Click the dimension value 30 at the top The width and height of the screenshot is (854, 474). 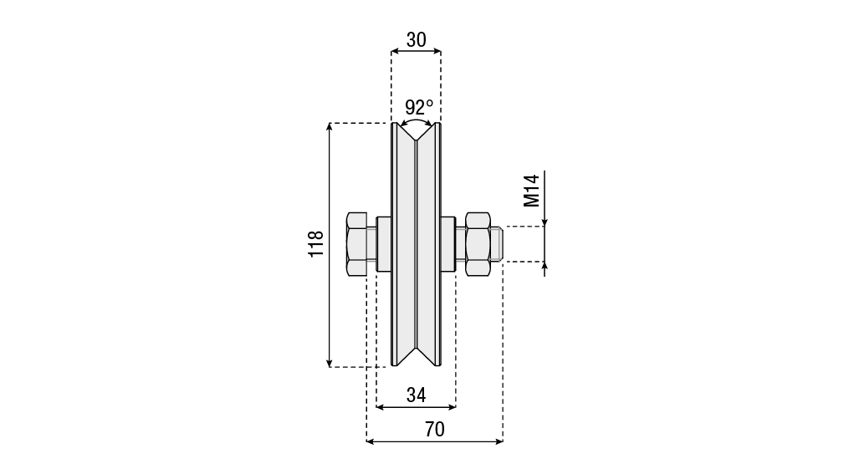[416, 40]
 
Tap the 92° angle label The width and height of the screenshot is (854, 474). [419, 107]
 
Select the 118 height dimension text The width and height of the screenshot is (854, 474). [316, 244]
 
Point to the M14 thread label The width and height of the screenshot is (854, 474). [531, 191]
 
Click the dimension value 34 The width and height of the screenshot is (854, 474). [416, 395]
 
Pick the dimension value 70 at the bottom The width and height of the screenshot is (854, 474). [435, 430]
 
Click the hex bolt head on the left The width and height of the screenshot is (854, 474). [356, 244]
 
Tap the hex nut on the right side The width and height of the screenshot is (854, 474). [478, 244]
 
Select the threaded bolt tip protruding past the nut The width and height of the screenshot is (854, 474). [496, 244]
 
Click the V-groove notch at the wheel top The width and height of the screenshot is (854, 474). [416, 132]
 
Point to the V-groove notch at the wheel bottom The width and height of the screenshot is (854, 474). [416, 356]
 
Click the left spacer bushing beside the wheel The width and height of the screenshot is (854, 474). [384, 244]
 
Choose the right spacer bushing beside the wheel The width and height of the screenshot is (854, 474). [448, 244]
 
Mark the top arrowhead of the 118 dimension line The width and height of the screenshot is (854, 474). [329, 127]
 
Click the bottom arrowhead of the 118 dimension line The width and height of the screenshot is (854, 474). [329, 363]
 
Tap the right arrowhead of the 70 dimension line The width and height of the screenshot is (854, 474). [499, 441]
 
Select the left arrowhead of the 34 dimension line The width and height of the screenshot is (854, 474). [381, 406]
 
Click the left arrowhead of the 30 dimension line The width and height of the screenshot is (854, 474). [396, 51]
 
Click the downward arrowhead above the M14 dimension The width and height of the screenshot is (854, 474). [545, 221]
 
